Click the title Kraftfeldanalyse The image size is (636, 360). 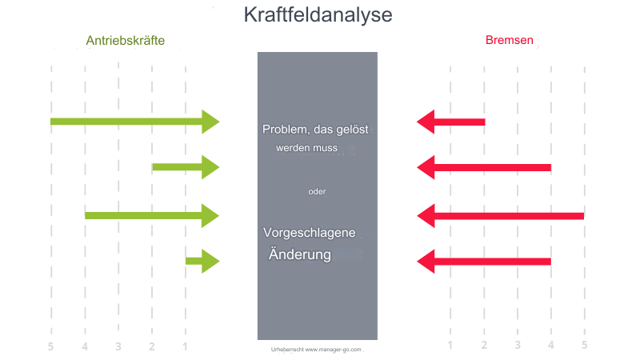click(318, 15)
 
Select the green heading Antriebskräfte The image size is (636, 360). click(126, 41)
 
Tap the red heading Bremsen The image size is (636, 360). click(510, 40)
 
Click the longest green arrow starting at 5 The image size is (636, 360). click(134, 122)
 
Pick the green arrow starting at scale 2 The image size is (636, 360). click(186, 167)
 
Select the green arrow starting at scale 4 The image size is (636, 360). click(152, 216)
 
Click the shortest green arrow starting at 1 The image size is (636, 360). click(202, 261)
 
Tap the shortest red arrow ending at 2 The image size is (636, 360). click(451, 122)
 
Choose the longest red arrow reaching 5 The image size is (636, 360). click(501, 216)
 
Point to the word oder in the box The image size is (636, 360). click(317, 191)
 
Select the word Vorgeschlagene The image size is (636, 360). click(310, 233)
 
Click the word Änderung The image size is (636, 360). click(300, 254)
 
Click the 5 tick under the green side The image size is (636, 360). click(50, 346)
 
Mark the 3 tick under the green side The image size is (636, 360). click(118, 346)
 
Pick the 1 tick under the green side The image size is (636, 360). click(185, 346)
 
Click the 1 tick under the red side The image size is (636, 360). click(450, 345)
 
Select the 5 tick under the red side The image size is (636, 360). click(585, 345)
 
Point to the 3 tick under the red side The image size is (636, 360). click(518, 345)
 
